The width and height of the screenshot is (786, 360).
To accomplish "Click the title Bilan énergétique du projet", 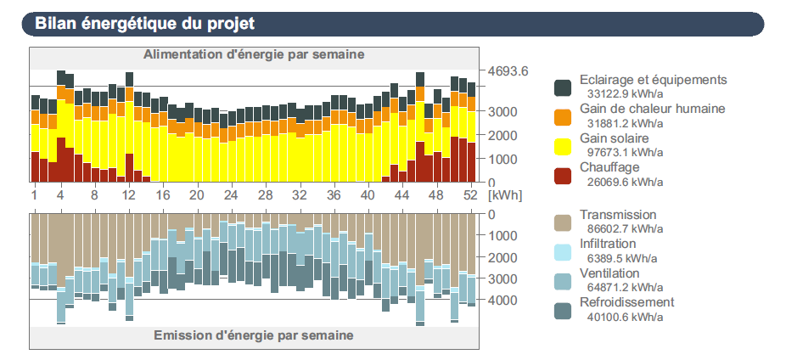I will pos(144,24).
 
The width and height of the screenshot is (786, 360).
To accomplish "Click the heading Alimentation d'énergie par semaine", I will pos(254,54).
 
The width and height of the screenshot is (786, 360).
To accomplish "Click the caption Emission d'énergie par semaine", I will pos(254,335).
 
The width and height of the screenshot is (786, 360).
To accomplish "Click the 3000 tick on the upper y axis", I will pos(502,111).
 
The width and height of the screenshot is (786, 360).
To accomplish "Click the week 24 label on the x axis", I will pos(231,194).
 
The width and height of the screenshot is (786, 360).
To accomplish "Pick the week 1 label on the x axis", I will pos(35,194).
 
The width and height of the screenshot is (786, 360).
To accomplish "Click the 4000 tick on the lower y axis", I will pos(502,301).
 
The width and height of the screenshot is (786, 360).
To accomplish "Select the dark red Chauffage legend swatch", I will pos(562,176).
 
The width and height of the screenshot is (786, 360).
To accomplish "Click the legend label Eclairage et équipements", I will pos(653,80).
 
